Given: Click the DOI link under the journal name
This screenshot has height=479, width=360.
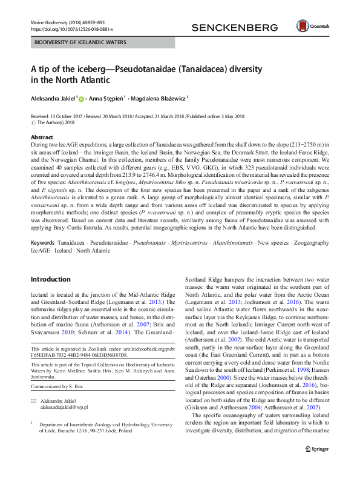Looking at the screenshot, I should point(71,28).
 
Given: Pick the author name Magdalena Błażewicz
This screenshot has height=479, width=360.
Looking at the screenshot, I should point(159,96).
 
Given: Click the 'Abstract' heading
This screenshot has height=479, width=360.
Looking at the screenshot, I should point(42,137).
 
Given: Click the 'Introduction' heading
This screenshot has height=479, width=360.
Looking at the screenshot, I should point(51,279).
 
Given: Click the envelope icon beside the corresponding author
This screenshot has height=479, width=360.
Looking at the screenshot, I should point(33,401).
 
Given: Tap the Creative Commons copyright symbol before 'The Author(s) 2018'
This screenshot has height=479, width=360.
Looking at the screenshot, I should point(33,122).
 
